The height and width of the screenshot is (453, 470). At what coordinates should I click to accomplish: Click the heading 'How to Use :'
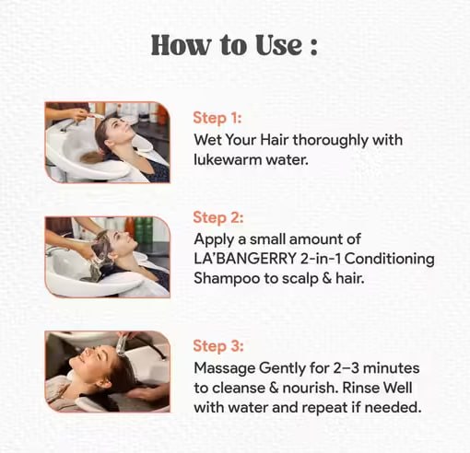pyautogui.click(x=234, y=45)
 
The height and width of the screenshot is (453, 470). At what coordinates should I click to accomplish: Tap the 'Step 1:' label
pyautogui.click(x=217, y=118)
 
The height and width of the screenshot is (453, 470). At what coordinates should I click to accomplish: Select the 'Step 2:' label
pyautogui.click(x=218, y=218)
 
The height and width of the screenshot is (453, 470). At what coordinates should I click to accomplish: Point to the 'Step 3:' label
pyautogui.click(x=218, y=345)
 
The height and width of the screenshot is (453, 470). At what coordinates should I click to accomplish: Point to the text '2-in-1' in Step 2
pyautogui.click(x=319, y=260)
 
